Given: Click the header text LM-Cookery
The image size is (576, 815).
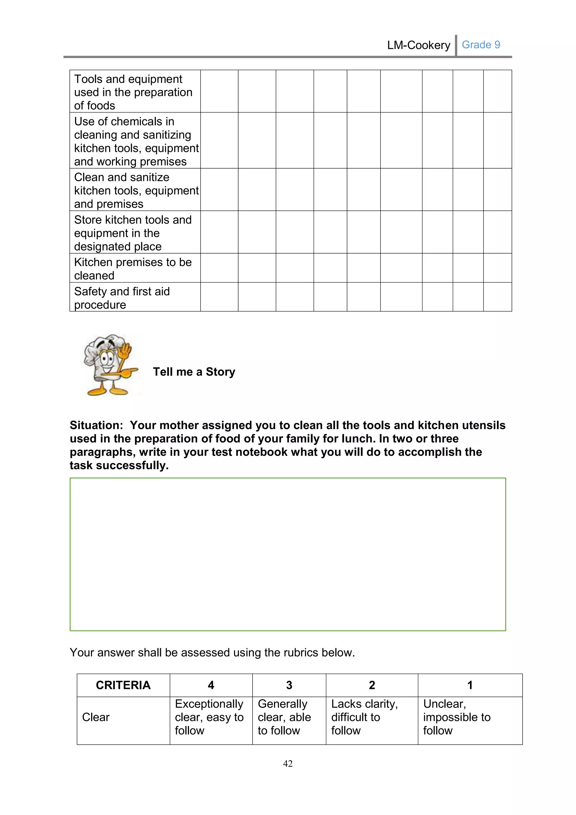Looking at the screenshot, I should click(418, 45).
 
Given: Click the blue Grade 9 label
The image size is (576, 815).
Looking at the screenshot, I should click(481, 45).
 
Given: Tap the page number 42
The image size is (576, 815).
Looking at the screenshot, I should click(288, 763).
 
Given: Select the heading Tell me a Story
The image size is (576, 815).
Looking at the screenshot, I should click(194, 372).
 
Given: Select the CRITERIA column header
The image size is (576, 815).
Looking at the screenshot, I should click(123, 685).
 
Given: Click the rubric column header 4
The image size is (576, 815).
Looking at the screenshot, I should click(211, 685).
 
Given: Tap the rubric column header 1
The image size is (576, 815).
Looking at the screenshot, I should click(470, 685).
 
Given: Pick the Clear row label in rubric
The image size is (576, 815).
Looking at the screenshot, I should click(96, 717).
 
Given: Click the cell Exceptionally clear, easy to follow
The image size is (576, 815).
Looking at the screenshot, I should click(209, 717).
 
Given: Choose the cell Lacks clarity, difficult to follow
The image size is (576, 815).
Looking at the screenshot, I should click(364, 717).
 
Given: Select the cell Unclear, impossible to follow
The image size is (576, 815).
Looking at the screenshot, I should click(456, 717).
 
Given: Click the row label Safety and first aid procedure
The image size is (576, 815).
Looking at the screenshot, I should click(122, 298).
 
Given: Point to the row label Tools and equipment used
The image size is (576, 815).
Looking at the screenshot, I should click(133, 92).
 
